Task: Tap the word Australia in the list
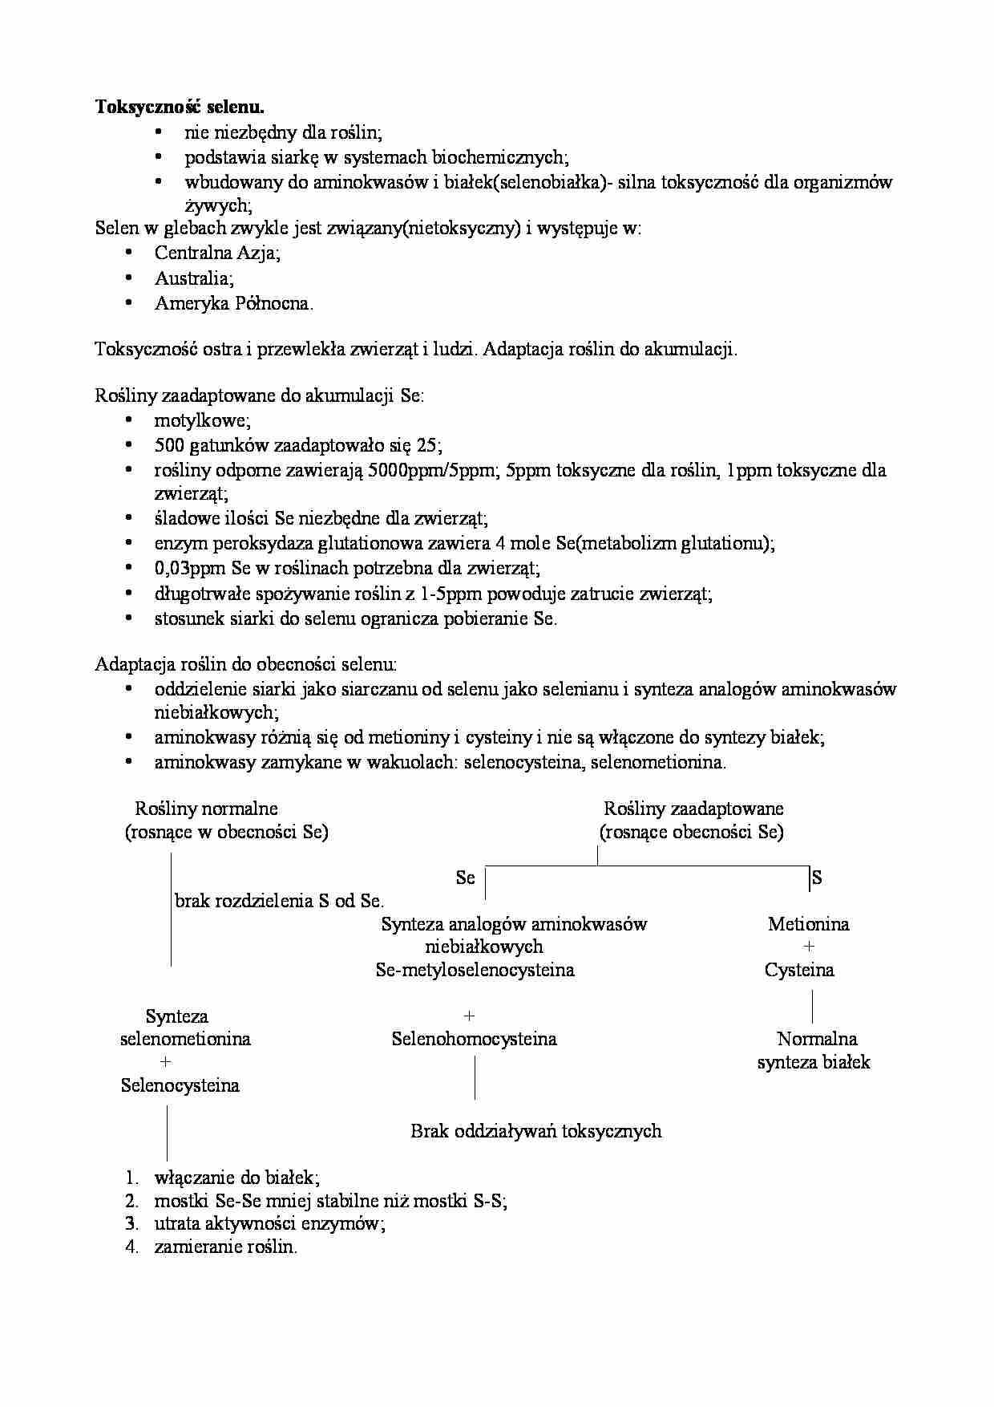pyautogui.click(x=192, y=278)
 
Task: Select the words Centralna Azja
pyautogui.click(x=216, y=253)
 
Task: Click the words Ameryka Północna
pyautogui.click(x=232, y=303)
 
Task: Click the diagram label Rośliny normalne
pyautogui.click(x=206, y=809)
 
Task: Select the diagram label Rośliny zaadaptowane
pyautogui.click(x=693, y=809)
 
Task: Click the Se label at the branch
pyautogui.click(x=465, y=878)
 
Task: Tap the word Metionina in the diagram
pyautogui.click(x=808, y=924)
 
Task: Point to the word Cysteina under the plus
pyautogui.click(x=799, y=971)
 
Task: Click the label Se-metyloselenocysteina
pyautogui.click(x=475, y=971)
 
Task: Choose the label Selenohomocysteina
pyautogui.click(x=474, y=1040)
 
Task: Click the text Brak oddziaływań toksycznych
pyautogui.click(x=535, y=1132)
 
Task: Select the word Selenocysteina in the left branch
pyautogui.click(x=180, y=1086)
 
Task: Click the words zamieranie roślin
pyautogui.click(x=225, y=1247)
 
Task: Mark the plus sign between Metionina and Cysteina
pyautogui.click(x=809, y=947)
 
